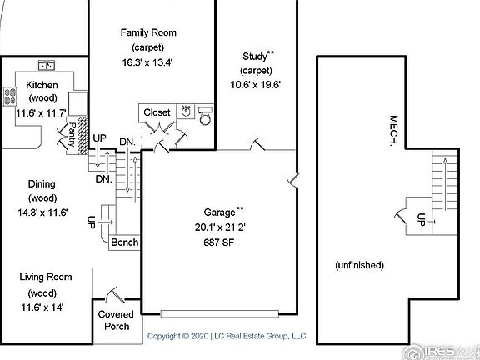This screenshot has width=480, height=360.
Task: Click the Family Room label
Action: pyautogui.click(x=148, y=32)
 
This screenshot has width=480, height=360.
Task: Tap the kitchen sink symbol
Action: pyautogui.click(x=47, y=65)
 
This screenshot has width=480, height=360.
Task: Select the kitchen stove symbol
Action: pyautogui.click(x=9, y=97)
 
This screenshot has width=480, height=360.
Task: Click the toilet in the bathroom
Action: pyautogui.click(x=205, y=116)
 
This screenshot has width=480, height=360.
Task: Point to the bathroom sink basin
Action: pyautogui.click(x=186, y=111)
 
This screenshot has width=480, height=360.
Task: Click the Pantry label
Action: pyautogui.click(x=72, y=135)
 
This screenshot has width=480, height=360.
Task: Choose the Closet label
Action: pyautogui.click(x=157, y=112)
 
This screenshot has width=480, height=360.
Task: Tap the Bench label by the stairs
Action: pyautogui.click(x=125, y=242)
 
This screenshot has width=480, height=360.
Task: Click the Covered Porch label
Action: pyautogui.click(x=116, y=320)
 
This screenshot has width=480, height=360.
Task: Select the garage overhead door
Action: pyautogui.click(x=219, y=314)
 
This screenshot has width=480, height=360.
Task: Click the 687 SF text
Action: pyautogui.click(x=219, y=242)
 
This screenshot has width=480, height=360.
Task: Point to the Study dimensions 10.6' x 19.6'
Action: pyautogui.click(x=256, y=84)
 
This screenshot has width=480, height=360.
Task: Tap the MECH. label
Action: pyautogui.click(x=393, y=130)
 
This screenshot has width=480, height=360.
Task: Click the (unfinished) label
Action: pyautogui.click(x=359, y=265)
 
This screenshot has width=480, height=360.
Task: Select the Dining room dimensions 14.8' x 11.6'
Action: pyautogui.click(x=42, y=212)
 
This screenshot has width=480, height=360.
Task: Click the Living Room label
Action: pyautogui.click(x=46, y=277)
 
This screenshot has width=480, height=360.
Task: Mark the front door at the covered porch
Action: pyautogui.click(x=115, y=295)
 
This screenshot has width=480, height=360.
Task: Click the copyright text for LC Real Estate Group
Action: pyautogui.click(x=227, y=336)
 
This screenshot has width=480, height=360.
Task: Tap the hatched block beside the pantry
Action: pyautogui.click(x=82, y=135)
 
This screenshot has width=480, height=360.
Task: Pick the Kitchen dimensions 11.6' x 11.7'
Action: pyautogui.click(x=42, y=113)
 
